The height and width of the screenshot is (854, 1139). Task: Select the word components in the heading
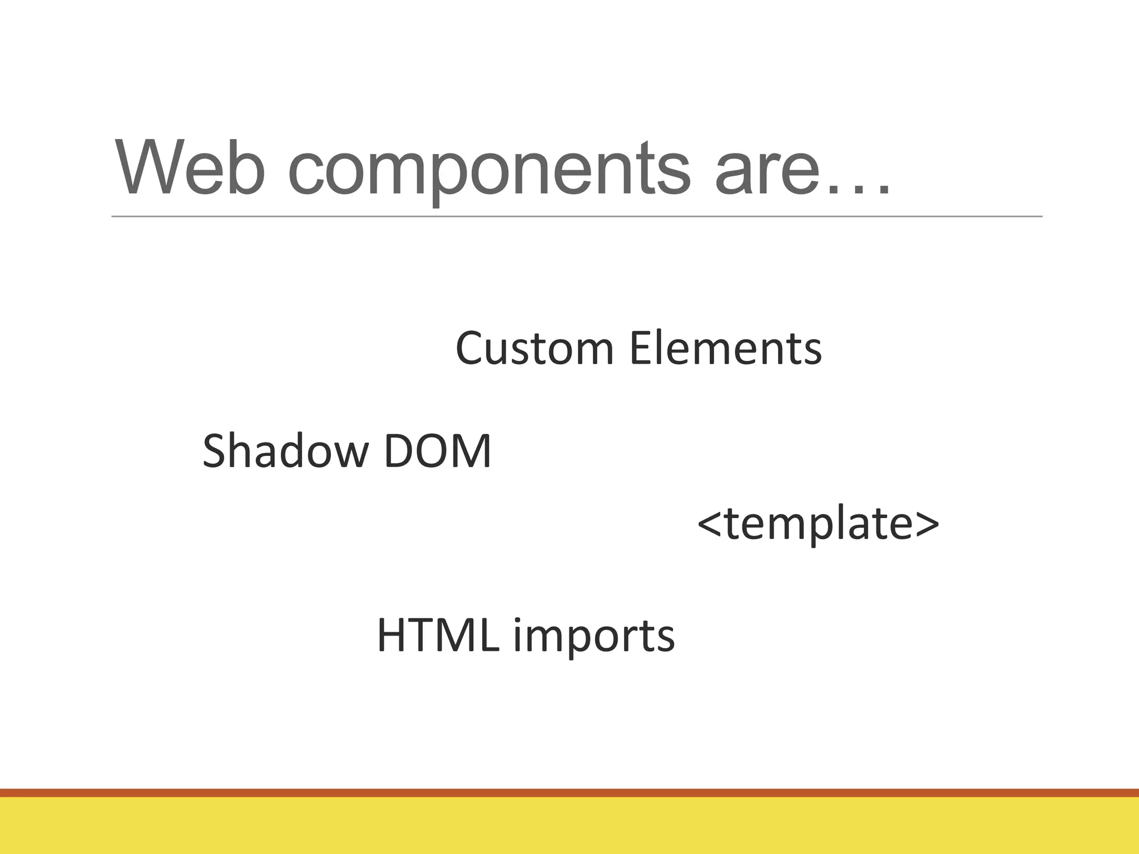(489, 172)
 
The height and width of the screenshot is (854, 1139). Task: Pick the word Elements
(726, 349)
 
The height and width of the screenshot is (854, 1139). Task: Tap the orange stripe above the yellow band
(569, 793)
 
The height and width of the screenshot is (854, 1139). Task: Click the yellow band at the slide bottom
(569, 826)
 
